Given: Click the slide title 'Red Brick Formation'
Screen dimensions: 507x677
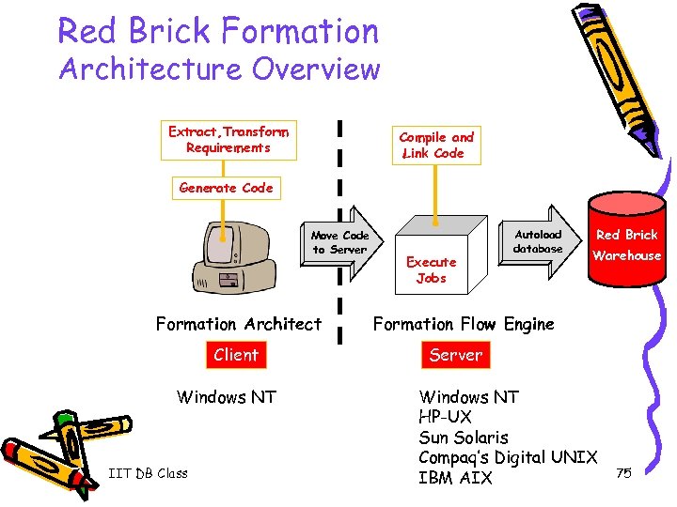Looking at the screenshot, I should click(x=218, y=31).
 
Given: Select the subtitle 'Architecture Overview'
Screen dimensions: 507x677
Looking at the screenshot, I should click(x=219, y=70).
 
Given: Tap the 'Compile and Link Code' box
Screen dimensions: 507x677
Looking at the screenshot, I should click(x=435, y=145).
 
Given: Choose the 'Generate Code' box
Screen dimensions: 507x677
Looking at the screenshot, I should click(x=226, y=188).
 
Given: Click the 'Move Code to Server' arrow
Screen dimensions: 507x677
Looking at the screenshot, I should click(x=341, y=242).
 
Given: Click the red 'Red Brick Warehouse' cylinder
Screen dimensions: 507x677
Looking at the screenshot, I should click(x=625, y=244).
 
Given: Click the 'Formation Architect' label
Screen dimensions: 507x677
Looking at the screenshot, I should click(x=238, y=324).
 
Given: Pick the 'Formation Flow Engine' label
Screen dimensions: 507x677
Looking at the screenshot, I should click(x=464, y=324).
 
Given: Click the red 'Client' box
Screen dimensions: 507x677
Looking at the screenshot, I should click(x=235, y=355).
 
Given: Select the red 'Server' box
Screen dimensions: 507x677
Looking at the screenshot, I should click(x=455, y=355).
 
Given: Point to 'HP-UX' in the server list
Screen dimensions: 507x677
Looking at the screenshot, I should click(x=446, y=417).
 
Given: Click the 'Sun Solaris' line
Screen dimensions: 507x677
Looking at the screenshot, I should click(x=464, y=438).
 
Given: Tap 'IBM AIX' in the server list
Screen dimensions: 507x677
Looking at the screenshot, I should click(x=455, y=478).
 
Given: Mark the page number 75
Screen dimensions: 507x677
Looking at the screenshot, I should click(x=622, y=473).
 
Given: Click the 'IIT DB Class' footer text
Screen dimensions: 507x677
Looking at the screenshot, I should click(x=148, y=473).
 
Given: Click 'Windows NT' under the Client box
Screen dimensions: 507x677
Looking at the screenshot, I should click(x=227, y=397).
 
